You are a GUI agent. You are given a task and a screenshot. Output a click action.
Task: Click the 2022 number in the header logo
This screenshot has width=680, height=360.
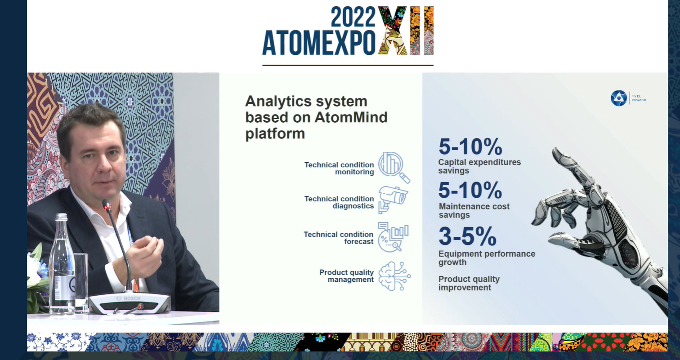click(353, 17)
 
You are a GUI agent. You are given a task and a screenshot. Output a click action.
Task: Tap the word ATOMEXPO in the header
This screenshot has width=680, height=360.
click(319, 43)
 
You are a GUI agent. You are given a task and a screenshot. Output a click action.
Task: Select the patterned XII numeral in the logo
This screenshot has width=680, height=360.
click(406, 30)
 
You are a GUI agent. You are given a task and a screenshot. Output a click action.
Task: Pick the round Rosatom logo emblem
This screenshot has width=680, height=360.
click(619, 98)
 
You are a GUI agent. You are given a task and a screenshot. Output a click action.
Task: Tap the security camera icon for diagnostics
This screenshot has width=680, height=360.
click(393, 200)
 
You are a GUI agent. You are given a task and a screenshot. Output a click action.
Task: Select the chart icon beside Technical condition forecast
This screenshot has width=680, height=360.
click(393, 237)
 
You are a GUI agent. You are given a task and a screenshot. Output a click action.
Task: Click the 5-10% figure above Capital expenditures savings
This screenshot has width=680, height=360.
click(470, 147)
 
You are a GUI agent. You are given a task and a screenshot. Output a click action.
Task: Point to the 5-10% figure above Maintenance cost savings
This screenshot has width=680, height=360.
click(470, 191)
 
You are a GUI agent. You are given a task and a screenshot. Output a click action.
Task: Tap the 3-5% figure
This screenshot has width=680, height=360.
click(468, 236)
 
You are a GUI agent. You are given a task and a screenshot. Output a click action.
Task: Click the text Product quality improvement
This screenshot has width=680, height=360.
click(469, 283)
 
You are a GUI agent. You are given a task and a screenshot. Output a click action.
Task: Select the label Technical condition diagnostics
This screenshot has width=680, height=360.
click(339, 202)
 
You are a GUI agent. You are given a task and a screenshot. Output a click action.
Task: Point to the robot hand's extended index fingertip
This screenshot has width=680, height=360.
click(555, 151)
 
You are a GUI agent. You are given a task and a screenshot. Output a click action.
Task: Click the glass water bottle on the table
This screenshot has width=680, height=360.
click(62, 263)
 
